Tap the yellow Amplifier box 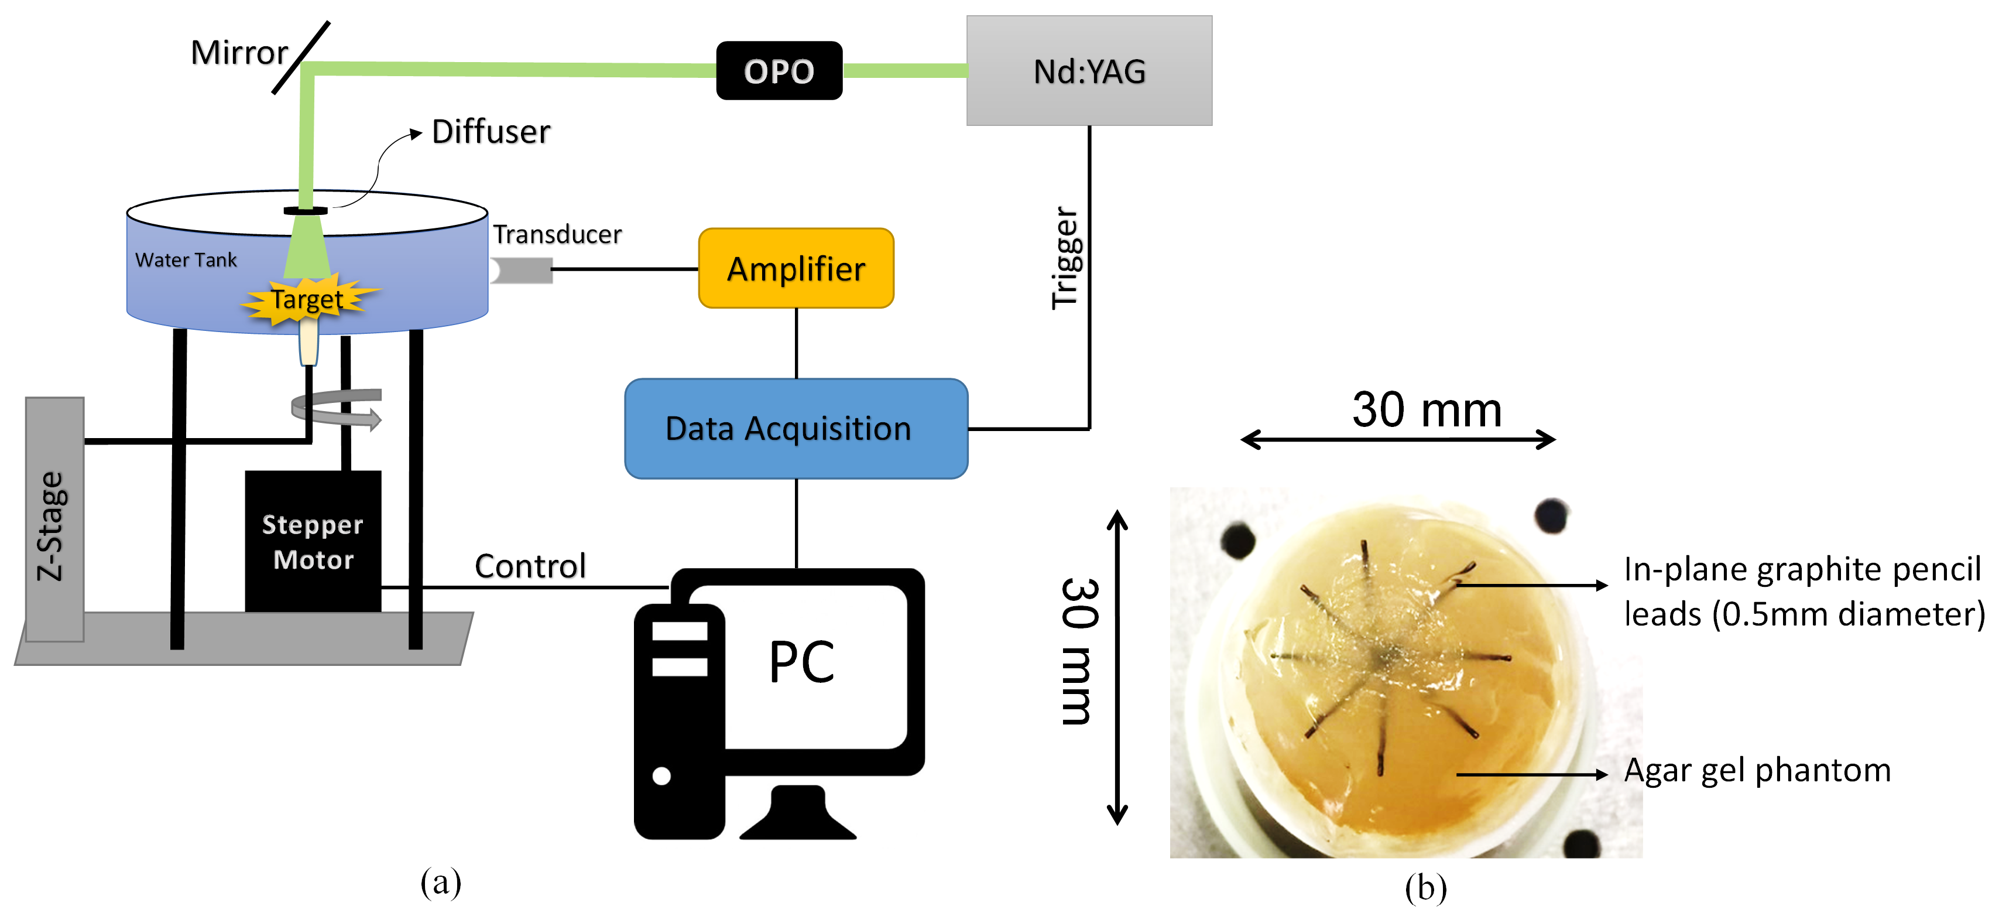pos(796,268)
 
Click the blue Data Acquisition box pos(796,429)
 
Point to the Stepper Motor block pos(313,542)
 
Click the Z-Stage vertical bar pos(54,518)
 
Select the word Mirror pos(239,53)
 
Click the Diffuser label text pos(491,132)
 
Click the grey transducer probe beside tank pos(523,270)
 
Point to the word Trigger pos(1065,258)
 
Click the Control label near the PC pos(530,566)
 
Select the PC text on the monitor pos(802,662)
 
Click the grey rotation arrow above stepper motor pos(337,408)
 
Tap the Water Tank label pos(186,260)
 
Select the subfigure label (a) pos(441,881)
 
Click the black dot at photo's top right pos(1551,514)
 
